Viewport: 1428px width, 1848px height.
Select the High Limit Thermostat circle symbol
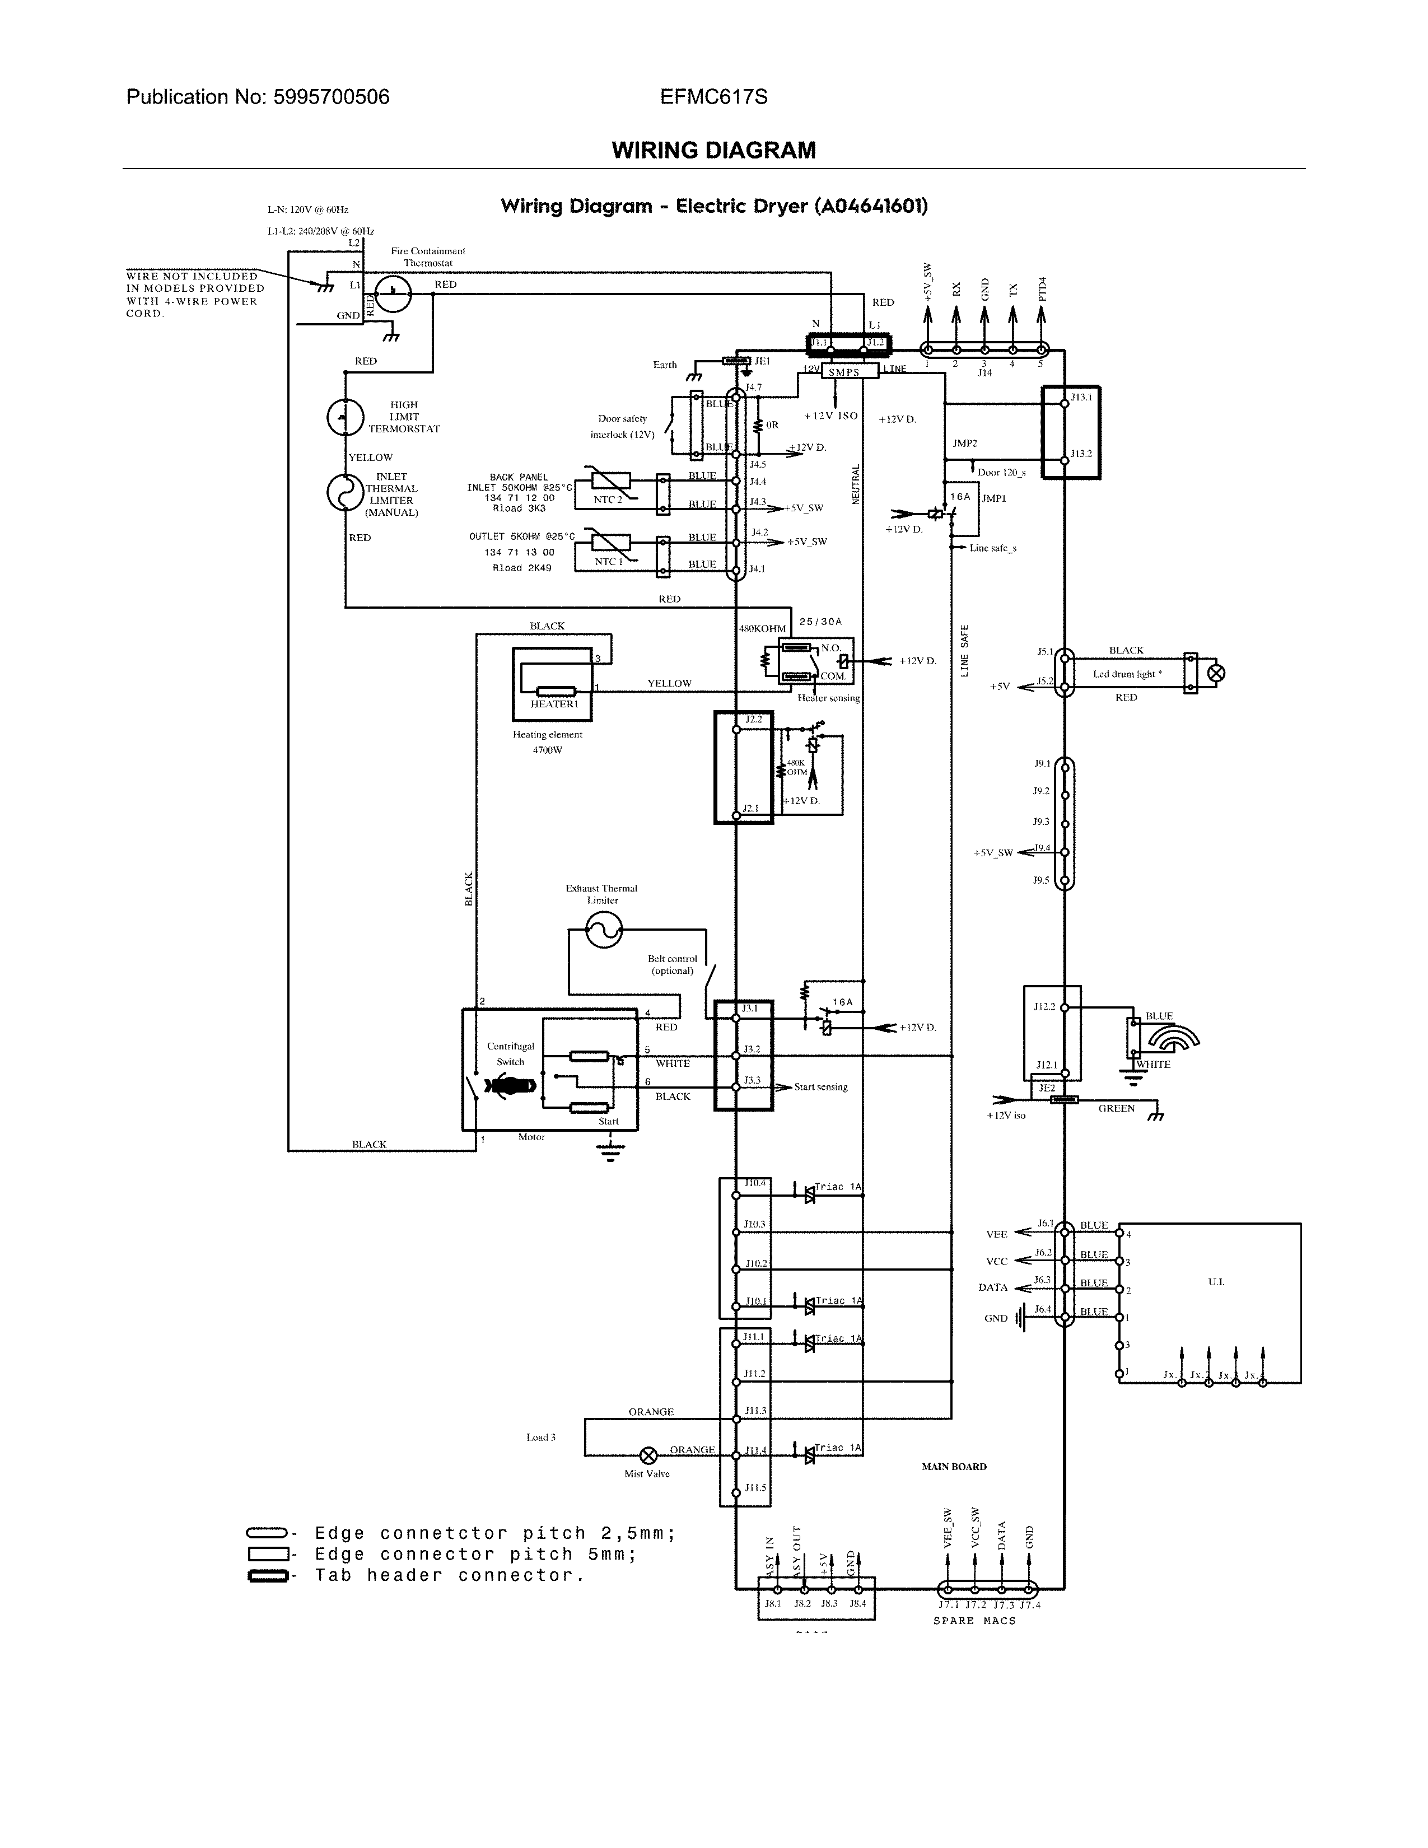point(345,417)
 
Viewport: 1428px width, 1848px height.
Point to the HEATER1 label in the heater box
point(554,704)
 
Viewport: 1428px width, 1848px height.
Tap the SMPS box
point(843,372)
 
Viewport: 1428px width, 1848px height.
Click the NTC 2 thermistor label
point(608,499)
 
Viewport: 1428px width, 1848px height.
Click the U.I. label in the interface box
point(1216,1282)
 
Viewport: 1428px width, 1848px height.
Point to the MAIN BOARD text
point(954,1467)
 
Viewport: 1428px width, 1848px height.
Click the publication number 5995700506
point(331,97)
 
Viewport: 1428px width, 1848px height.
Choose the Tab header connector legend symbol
point(267,1575)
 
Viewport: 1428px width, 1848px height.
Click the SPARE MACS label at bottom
point(974,1621)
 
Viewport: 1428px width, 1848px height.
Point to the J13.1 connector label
point(1081,397)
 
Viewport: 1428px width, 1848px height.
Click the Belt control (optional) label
point(673,965)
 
